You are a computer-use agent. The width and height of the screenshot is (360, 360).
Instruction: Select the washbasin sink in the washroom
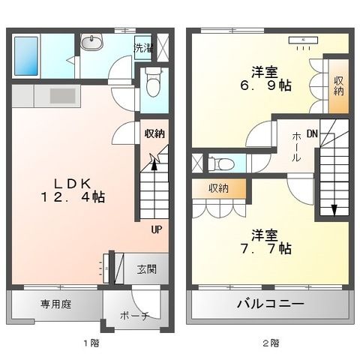tap(94, 43)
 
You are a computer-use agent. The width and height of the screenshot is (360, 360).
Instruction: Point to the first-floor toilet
tap(153, 82)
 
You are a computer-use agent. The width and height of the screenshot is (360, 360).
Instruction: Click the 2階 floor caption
tap(271, 343)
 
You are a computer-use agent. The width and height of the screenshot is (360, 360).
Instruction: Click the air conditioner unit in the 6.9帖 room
tap(304, 40)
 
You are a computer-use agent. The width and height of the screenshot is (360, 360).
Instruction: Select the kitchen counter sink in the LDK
tap(60, 95)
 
